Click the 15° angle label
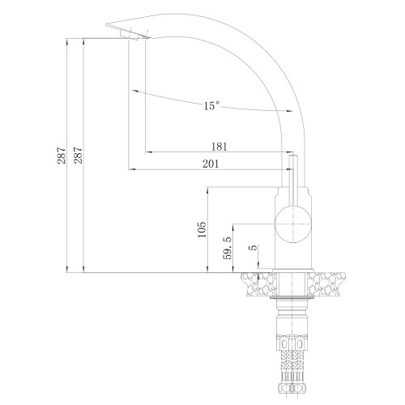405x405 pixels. [211, 105]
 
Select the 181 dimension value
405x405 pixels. [220, 147]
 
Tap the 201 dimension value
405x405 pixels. [211, 164]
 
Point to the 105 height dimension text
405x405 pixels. [202, 229]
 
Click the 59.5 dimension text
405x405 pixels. [228, 248]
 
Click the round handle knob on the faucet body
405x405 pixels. [293, 224]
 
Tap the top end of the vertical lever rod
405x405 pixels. [293, 156]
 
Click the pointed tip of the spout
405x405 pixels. [106, 24]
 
